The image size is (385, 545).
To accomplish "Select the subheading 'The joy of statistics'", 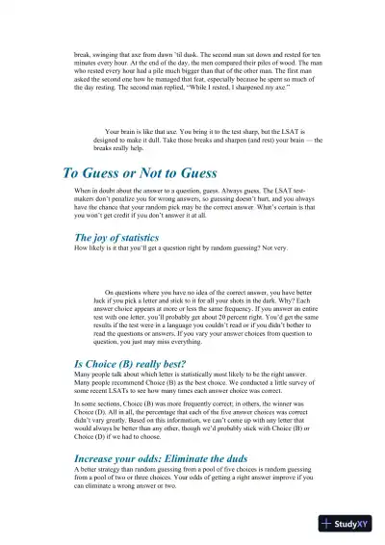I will tap(116, 237).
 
